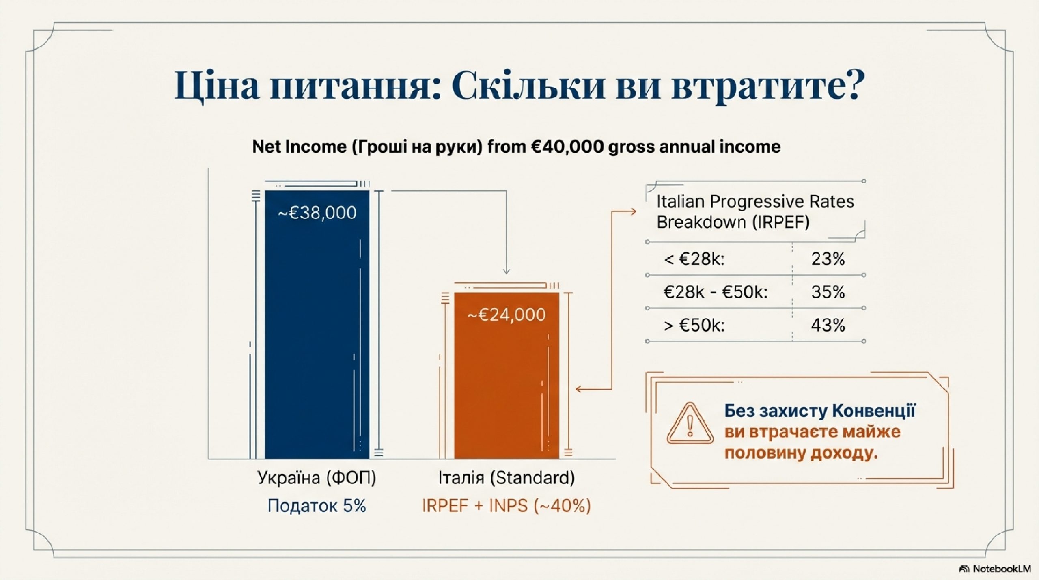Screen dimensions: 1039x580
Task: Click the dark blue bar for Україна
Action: click(317, 325)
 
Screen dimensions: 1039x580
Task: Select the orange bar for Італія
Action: click(507, 376)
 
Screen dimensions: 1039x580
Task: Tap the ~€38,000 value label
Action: click(317, 213)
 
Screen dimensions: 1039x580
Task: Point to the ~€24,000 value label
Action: click(507, 315)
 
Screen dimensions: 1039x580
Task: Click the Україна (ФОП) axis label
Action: click(317, 478)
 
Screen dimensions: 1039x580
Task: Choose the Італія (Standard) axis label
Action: click(507, 478)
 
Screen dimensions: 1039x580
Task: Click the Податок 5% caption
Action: click(317, 506)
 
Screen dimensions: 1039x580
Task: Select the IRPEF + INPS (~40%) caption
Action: click(507, 506)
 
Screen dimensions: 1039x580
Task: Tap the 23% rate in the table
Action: click(828, 259)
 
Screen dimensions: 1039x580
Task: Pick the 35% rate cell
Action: click(828, 292)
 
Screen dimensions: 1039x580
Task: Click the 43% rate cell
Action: click(828, 325)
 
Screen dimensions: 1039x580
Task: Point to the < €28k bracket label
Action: click(694, 259)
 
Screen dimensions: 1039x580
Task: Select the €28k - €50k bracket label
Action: click(716, 292)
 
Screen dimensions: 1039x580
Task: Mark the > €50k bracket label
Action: click(694, 326)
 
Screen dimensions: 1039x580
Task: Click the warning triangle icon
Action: click(690, 423)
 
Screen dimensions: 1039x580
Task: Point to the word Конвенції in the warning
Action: click(874, 411)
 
